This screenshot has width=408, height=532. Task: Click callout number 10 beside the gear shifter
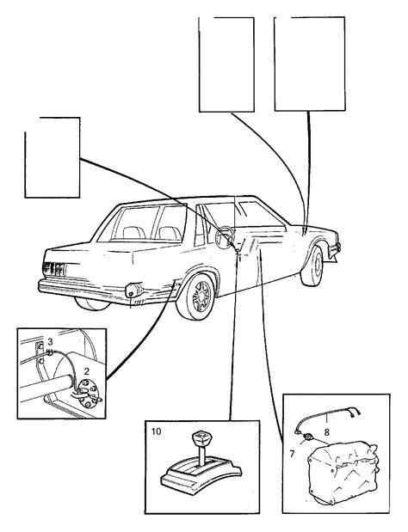(x=157, y=431)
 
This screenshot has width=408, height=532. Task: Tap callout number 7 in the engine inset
(x=292, y=453)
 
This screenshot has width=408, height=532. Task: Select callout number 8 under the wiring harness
(x=326, y=432)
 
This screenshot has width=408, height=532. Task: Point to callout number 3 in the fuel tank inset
(x=50, y=341)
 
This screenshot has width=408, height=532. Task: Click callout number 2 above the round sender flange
(x=87, y=370)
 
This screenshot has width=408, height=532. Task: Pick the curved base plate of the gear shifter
(x=201, y=474)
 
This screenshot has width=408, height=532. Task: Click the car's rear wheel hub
(x=200, y=297)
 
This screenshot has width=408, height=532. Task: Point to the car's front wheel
(x=312, y=266)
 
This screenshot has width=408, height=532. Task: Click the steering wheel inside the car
(x=226, y=236)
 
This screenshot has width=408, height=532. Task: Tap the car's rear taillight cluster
(x=53, y=269)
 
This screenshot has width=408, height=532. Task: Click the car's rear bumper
(x=107, y=292)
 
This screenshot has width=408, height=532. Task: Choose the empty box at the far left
(x=53, y=157)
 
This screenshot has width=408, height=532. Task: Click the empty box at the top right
(x=310, y=64)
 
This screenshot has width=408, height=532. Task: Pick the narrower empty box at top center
(x=226, y=64)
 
